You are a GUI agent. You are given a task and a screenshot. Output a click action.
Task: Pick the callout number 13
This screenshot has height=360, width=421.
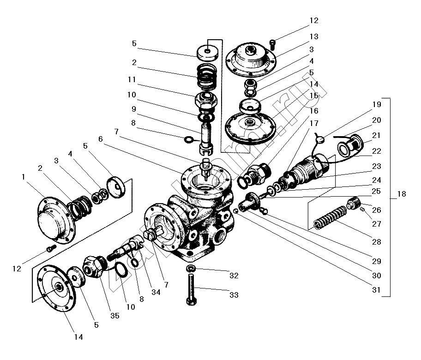point(314,36)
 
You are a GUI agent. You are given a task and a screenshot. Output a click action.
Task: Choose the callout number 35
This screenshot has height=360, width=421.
point(114,316)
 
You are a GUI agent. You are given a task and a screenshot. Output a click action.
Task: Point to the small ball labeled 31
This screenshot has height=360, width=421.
point(236,211)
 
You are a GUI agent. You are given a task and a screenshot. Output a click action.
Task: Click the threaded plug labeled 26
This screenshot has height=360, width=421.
point(354,202)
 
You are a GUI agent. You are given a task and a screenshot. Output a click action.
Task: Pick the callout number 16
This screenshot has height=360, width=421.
point(314,111)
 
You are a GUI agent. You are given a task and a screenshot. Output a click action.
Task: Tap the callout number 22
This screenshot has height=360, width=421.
point(377,151)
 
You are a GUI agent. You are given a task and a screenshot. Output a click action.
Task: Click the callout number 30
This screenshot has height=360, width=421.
point(377,276)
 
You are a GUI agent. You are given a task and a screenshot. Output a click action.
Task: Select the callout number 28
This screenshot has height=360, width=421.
point(377,242)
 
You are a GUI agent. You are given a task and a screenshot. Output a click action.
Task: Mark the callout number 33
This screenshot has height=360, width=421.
point(234,294)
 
